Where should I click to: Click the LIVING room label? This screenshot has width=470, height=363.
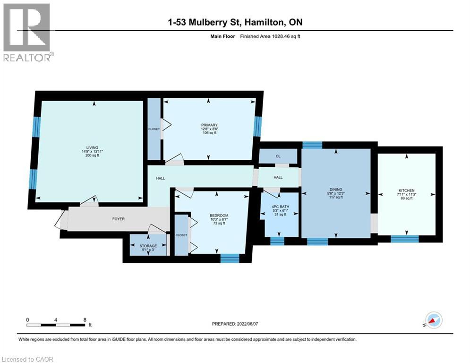click(92, 147)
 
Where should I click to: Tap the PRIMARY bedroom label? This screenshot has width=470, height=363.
click(209, 125)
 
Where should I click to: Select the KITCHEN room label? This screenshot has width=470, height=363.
click(406, 190)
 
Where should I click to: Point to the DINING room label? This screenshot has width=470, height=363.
click(336, 190)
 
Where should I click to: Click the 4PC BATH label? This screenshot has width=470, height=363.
click(280, 207)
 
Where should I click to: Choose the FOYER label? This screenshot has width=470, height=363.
click(119, 219)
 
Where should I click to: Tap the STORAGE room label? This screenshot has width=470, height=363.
click(148, 246)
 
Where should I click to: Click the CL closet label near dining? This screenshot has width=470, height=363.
click(278, 156)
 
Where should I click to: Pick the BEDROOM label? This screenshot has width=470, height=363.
click(219, 216)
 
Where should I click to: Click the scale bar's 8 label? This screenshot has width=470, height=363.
click(85, 320)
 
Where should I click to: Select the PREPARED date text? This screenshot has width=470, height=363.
click(235, 324)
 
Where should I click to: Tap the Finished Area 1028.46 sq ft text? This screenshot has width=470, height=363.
click(270, 36)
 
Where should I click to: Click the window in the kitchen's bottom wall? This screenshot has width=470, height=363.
click(405, 239)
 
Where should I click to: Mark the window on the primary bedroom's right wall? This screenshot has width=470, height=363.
click(257, 126)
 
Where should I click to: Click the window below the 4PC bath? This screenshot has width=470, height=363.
click(277, 241)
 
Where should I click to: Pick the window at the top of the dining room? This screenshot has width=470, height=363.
click(312, 145)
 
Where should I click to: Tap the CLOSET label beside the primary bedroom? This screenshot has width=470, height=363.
click(154, 129)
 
